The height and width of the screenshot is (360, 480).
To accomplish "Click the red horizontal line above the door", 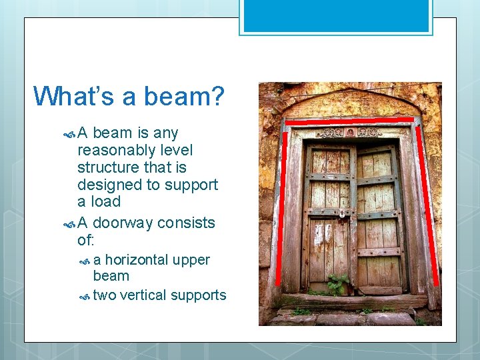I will click(x=349, y=121).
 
